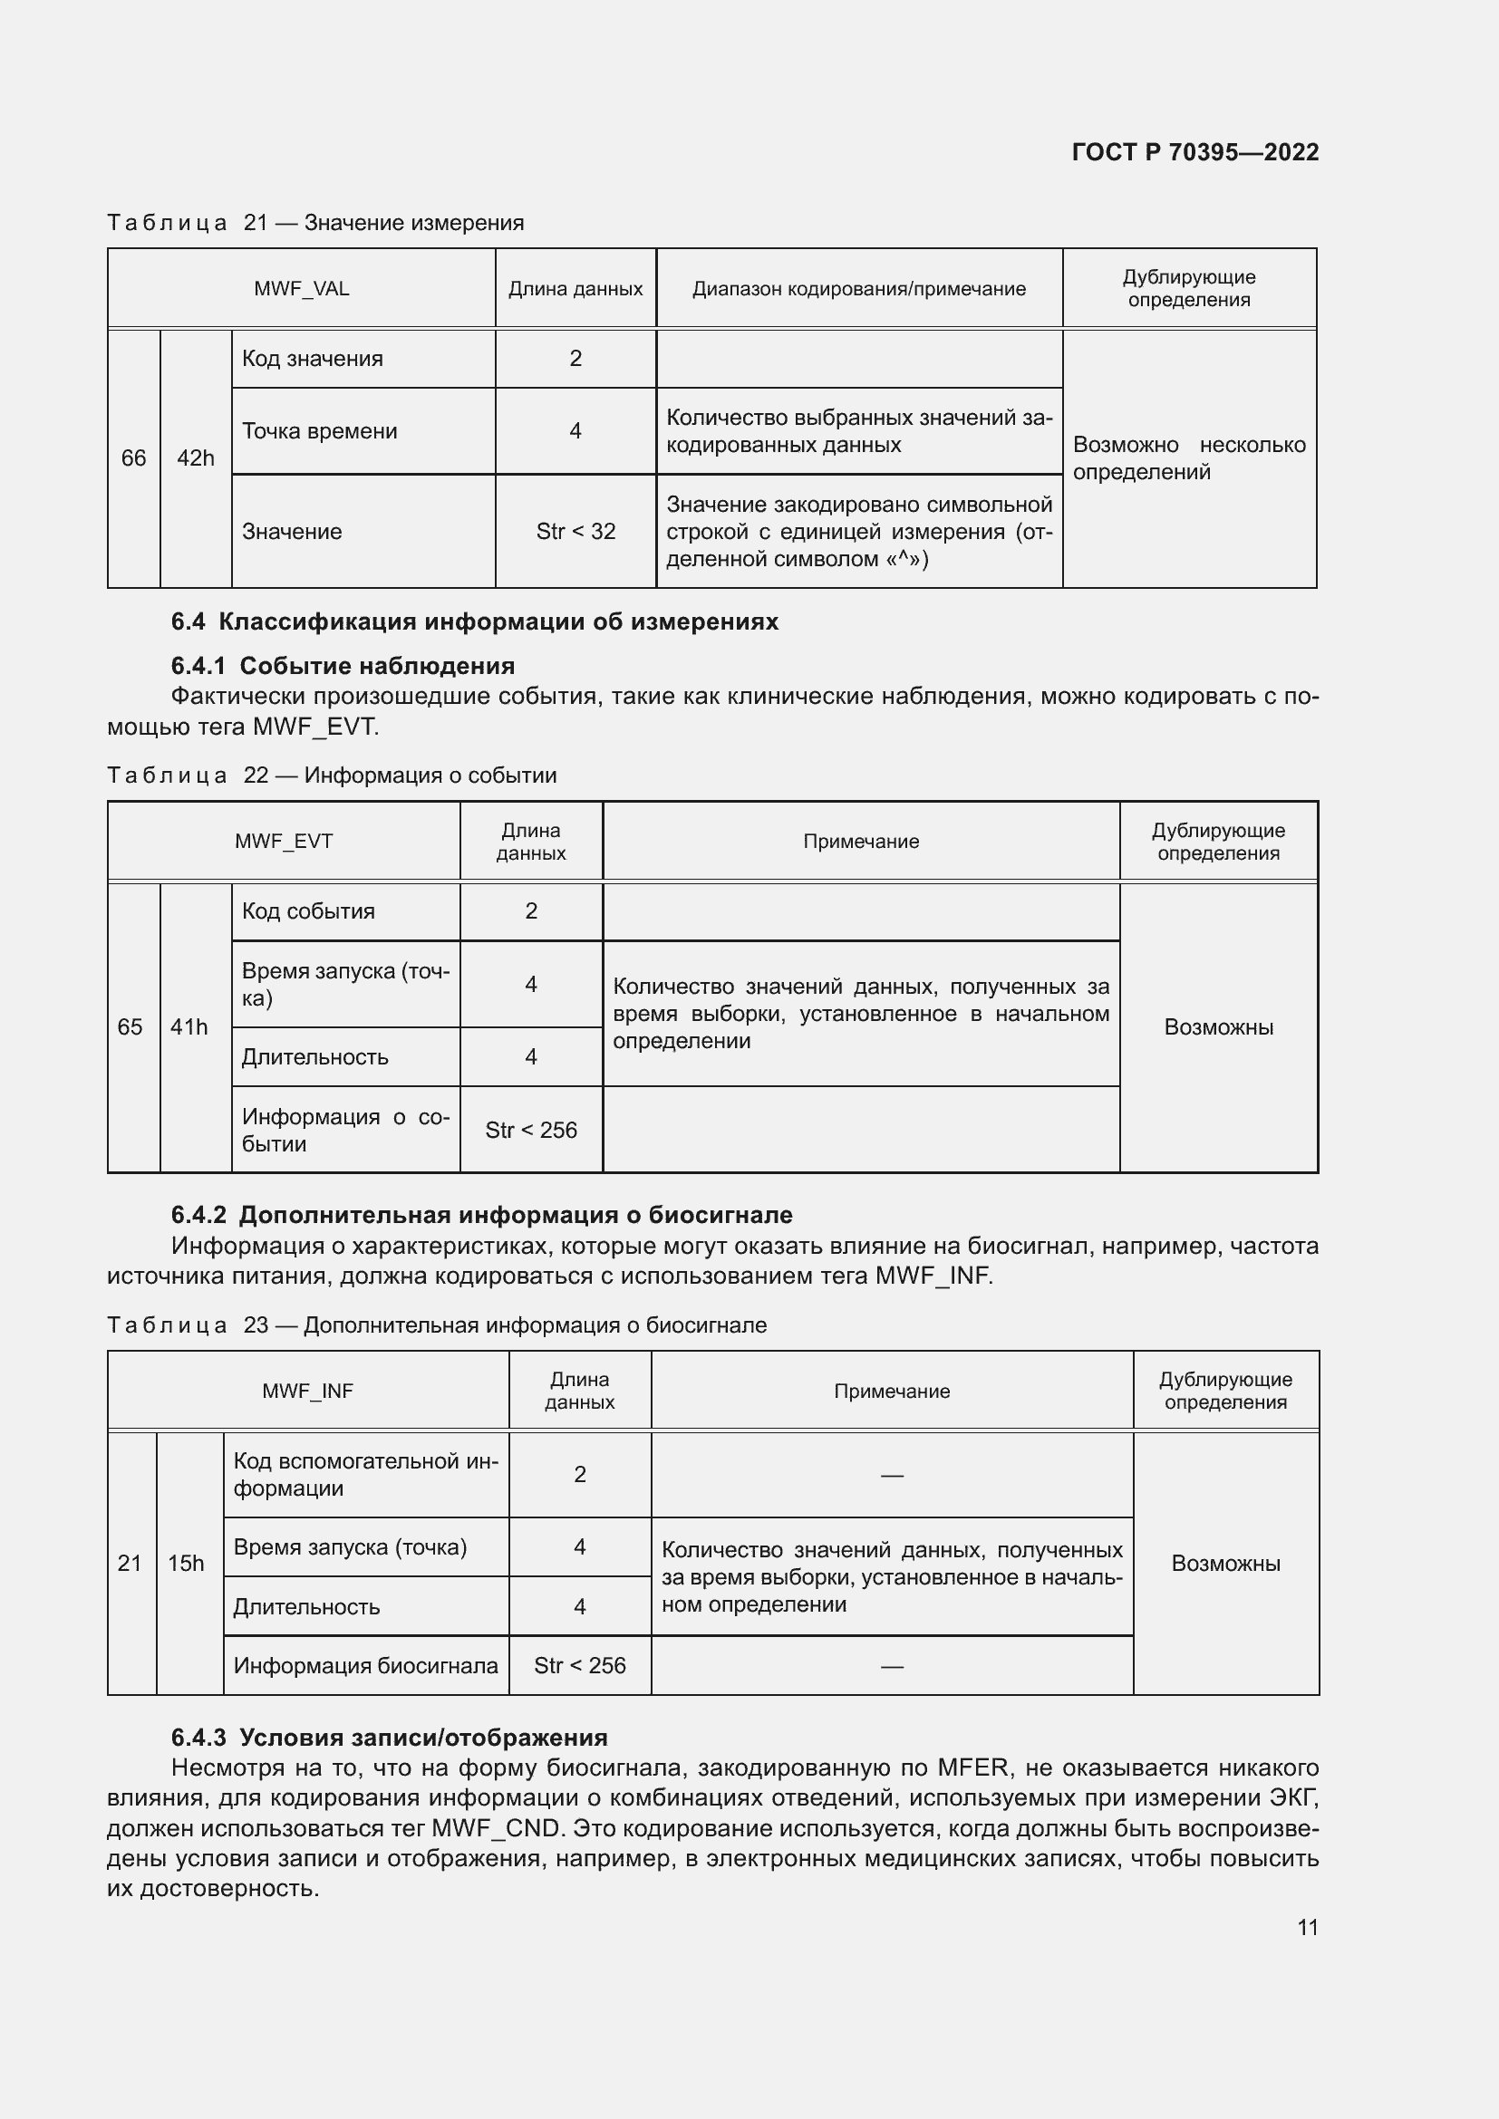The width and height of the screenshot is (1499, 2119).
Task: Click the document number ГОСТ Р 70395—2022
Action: tap(1194, 152)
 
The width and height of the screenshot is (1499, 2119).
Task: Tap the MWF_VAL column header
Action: tap(301, 289)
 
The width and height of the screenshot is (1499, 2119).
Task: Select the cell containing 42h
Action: tap(195, 458)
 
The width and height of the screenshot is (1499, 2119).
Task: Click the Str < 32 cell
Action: tap(575, 532)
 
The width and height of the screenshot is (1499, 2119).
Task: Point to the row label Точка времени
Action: tap(319, 431)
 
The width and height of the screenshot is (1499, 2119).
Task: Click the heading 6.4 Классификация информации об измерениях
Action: tap(474, 622)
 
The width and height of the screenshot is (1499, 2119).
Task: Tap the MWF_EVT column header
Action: tap(284, 842)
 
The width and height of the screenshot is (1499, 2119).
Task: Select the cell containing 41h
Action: tap(189, 1027)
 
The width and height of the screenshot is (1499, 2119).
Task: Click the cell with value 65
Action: tap(131, 1027)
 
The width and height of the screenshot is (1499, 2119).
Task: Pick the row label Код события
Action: tap(308, 912)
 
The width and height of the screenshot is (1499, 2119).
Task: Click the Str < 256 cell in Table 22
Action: tap(531, 1131)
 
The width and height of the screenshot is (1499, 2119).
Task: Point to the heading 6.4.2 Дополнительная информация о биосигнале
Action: tap(482, 1216)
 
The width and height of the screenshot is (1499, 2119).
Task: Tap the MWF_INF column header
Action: tap(307, 1391)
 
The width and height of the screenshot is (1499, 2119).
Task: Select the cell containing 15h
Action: tap(186, 1564)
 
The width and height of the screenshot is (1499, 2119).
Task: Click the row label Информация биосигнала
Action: tap(365, 1666)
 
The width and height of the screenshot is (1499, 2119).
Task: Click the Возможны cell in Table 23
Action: tap(1225, 1564)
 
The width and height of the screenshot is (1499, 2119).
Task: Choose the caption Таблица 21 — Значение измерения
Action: tap(315, 224)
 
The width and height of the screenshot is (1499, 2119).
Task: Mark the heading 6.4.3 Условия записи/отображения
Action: tap(389, 1738)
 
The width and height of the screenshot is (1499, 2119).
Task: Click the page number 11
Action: tap(1307, 1928)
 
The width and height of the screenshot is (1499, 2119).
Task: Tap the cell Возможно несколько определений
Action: tap(1188, 458)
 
